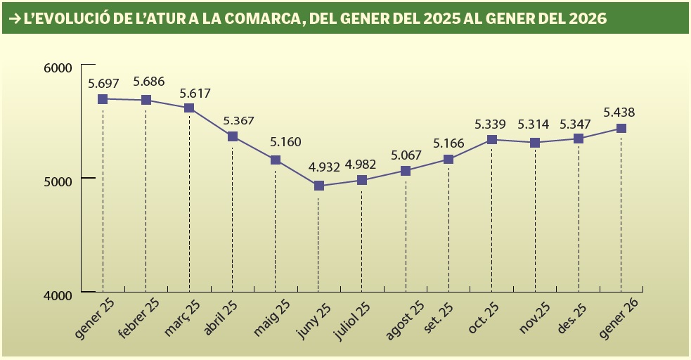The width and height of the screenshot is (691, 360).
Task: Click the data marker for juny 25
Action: pyautogui.click(x=318, y=186)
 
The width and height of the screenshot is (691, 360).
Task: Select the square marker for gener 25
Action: pyautogui.click(x=103, y=99)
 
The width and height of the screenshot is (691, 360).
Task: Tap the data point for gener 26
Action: pyautogui.click(x=621, y=129)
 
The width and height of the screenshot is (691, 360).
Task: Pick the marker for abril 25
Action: pyautogui.click(x=232, y=136)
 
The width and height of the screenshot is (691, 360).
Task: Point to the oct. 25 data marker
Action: pyautogui.click(x=492, y=140)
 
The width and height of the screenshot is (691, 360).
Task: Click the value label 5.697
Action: pyautogui.click(x=103, y=83)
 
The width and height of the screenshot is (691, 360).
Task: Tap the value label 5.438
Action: pyautogui.click(x=619, y=112)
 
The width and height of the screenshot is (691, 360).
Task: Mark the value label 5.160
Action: pyautogui.click(x=285, y=142)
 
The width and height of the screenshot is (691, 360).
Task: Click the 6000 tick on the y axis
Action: pyautogui.click(x=58, y=67)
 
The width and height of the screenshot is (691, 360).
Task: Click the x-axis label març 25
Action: pyautogui.click(x=183, y=317)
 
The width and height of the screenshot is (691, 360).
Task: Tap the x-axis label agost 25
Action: pyautogui.click(x=405, y=321)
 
